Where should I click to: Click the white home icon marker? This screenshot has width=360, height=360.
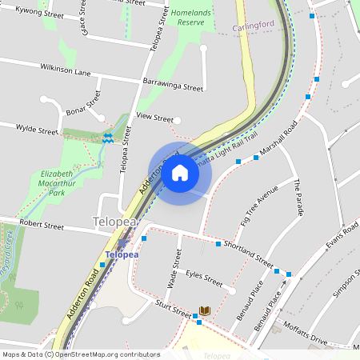179,173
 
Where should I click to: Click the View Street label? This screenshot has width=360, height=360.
154,118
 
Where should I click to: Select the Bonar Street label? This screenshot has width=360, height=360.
83,105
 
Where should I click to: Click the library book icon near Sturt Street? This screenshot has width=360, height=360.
204,310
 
